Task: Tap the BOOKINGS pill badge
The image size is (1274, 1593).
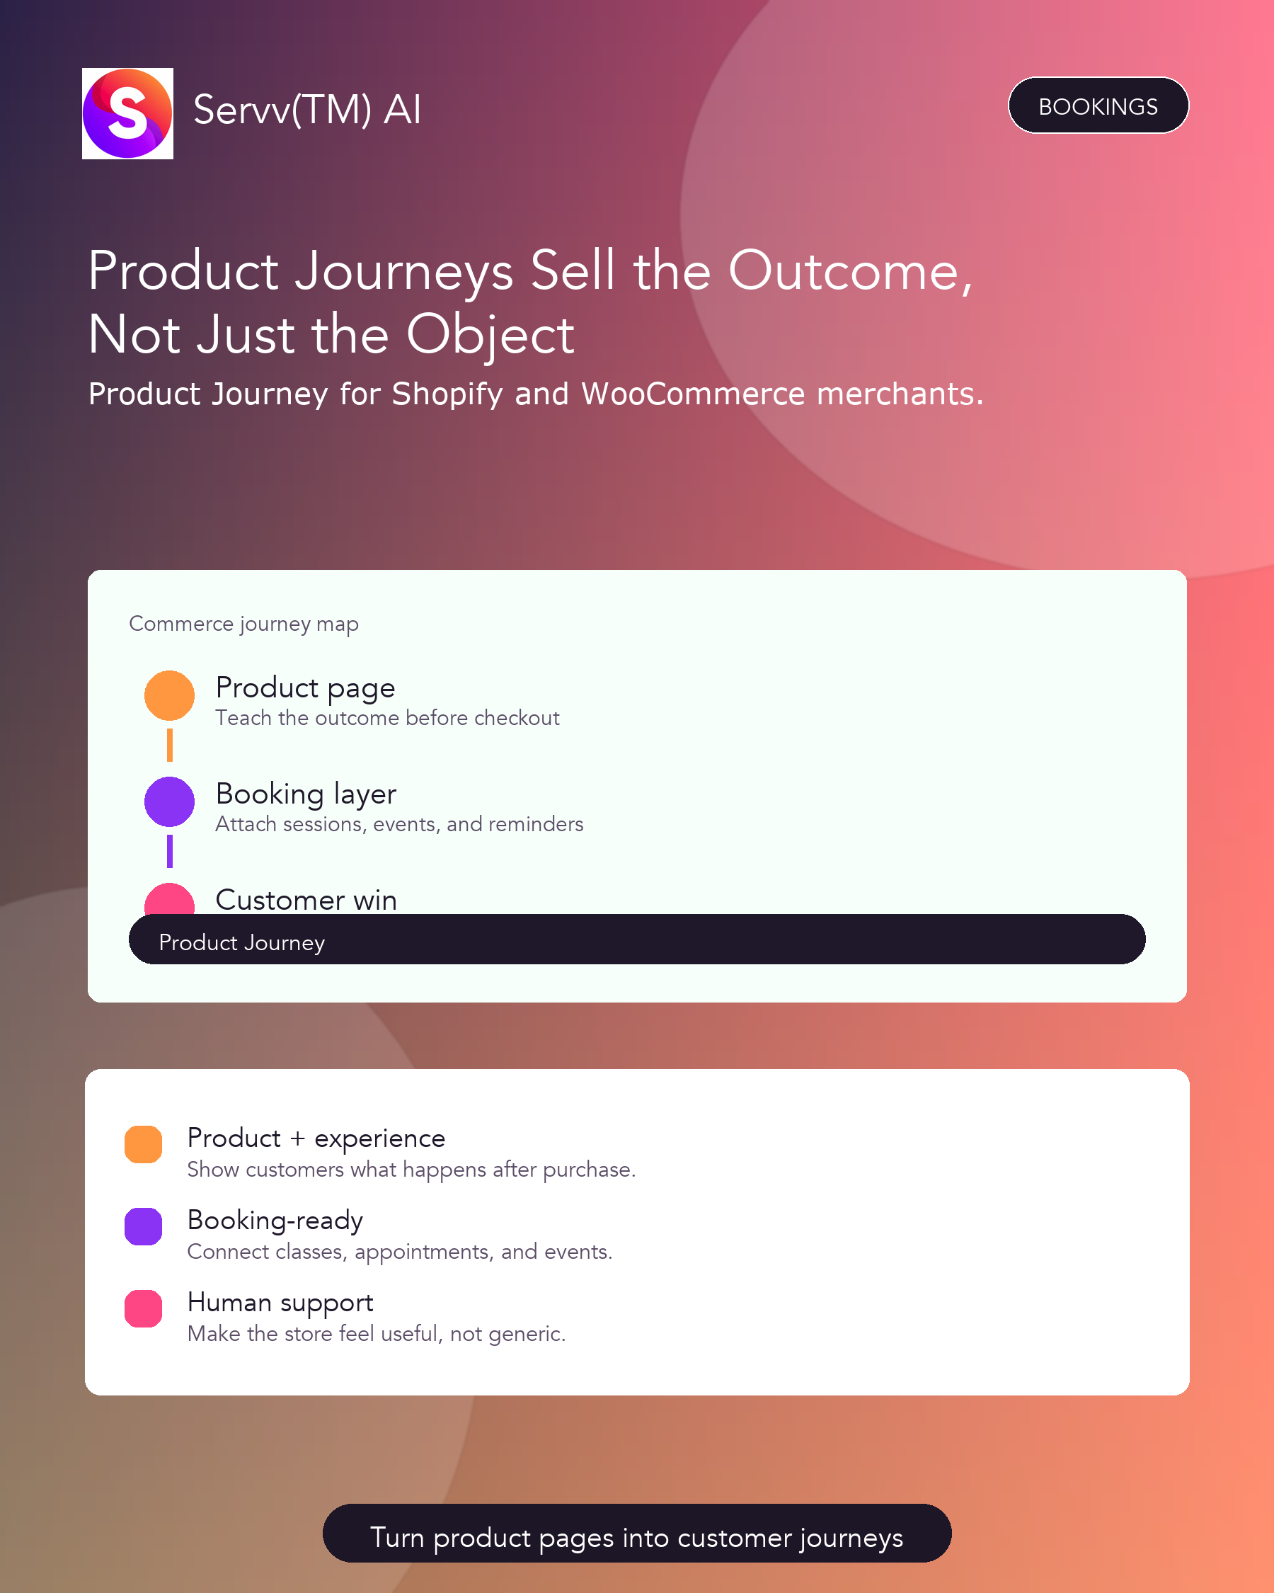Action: coord(1098,105)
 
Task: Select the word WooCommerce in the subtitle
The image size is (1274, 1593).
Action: coord(693,394)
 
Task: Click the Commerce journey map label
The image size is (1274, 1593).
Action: coord(243,624)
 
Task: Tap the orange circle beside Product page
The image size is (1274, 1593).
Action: coord(169,695)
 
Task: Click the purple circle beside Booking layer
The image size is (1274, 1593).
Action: coord(169,801)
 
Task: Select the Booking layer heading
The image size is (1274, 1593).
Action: coord(306,795)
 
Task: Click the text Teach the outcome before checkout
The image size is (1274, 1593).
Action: coord(387,718)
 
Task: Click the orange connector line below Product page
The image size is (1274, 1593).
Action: coord(170,745)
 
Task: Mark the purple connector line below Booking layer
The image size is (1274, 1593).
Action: coord(170,851)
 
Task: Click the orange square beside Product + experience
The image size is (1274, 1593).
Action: coord(143,1145)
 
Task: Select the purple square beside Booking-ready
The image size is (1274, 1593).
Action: coord(143,1226)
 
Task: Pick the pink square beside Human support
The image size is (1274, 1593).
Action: coord(143,1308)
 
